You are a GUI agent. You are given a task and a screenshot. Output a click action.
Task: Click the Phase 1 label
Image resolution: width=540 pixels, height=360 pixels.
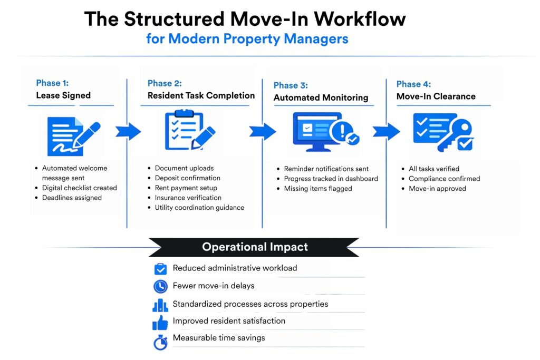(x=52, y=83)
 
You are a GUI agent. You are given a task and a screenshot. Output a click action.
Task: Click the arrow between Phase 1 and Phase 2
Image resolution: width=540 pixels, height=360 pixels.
(x=128, y=131)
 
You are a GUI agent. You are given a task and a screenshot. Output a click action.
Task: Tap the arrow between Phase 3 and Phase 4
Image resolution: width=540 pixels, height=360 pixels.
(x=385, y=131)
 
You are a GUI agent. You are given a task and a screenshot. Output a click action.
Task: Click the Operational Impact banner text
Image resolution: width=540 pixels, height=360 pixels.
(x=255, y=247)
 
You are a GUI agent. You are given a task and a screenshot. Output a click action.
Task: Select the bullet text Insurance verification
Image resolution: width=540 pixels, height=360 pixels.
(x=188, y=198)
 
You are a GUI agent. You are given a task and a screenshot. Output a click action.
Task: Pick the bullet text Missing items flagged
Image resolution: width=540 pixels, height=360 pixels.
(x=318, y=189)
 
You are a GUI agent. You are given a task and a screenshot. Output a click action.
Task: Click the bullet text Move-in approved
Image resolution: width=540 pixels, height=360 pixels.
(x=437, y=189)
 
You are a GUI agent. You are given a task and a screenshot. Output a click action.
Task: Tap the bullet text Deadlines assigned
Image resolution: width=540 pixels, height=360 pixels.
(x=72, y=198)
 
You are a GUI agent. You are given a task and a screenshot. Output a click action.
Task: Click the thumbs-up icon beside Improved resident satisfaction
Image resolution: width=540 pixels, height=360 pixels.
(x=160, y=322)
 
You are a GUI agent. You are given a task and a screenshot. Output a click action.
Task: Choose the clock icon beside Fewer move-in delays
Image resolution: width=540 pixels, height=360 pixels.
(x=160, y=286)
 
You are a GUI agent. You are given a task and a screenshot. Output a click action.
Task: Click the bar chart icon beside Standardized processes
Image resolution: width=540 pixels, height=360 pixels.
(x=160, y=305)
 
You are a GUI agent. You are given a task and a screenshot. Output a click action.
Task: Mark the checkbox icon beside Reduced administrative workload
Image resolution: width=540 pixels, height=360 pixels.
(x=160, y=269)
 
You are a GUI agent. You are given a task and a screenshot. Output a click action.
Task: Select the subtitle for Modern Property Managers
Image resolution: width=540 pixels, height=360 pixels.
(x=247, y=39)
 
